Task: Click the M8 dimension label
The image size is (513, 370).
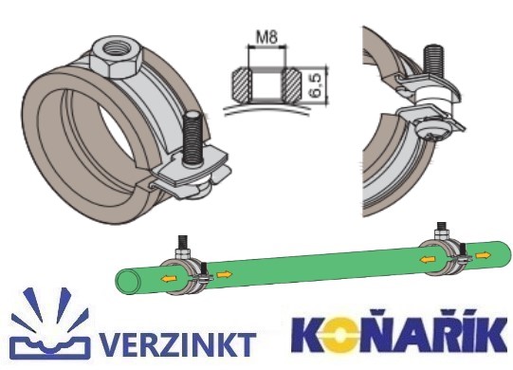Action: point(266,37)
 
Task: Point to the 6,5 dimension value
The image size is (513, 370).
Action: point(316,85)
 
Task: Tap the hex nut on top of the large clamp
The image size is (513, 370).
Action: point(117,59)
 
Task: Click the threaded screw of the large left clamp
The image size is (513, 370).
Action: point(193,138)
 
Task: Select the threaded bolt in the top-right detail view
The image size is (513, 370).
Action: point(434,63)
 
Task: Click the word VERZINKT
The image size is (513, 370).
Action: point(177,344)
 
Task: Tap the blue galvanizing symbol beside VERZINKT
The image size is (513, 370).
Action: point(50,324)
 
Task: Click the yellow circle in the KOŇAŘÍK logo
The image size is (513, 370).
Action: point(341,336)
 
